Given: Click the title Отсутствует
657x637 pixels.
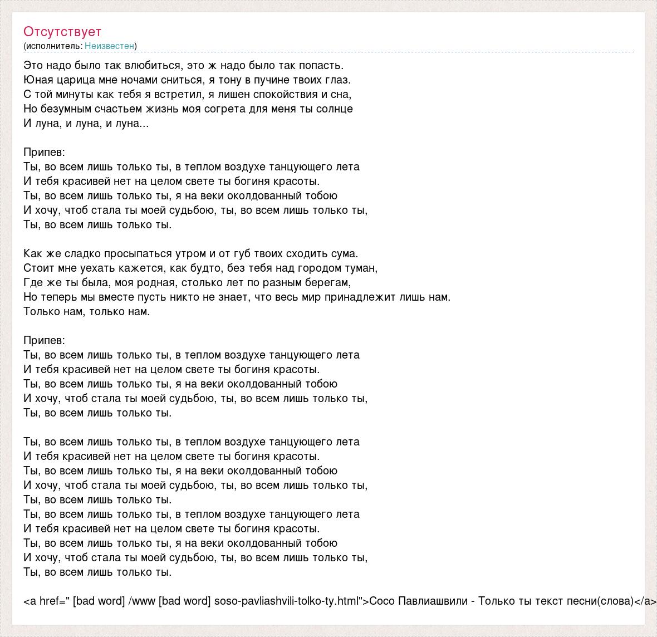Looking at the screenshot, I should click(x=62, y=31).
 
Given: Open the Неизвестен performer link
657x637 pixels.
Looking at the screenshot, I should click(x=110, y=46).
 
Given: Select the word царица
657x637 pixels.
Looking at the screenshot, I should click(x=74, y=80).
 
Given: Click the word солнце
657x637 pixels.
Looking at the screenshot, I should click(x=336, y=109).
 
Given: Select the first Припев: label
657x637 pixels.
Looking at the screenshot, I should click(x=45, y=152).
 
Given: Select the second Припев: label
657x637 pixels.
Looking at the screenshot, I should click(x=45, y=340).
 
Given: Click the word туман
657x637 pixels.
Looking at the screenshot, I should click(x=361, y=268).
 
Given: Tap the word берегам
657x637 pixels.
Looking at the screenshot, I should click(x=327, y=282).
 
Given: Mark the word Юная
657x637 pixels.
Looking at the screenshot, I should click(x=36, y=80).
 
